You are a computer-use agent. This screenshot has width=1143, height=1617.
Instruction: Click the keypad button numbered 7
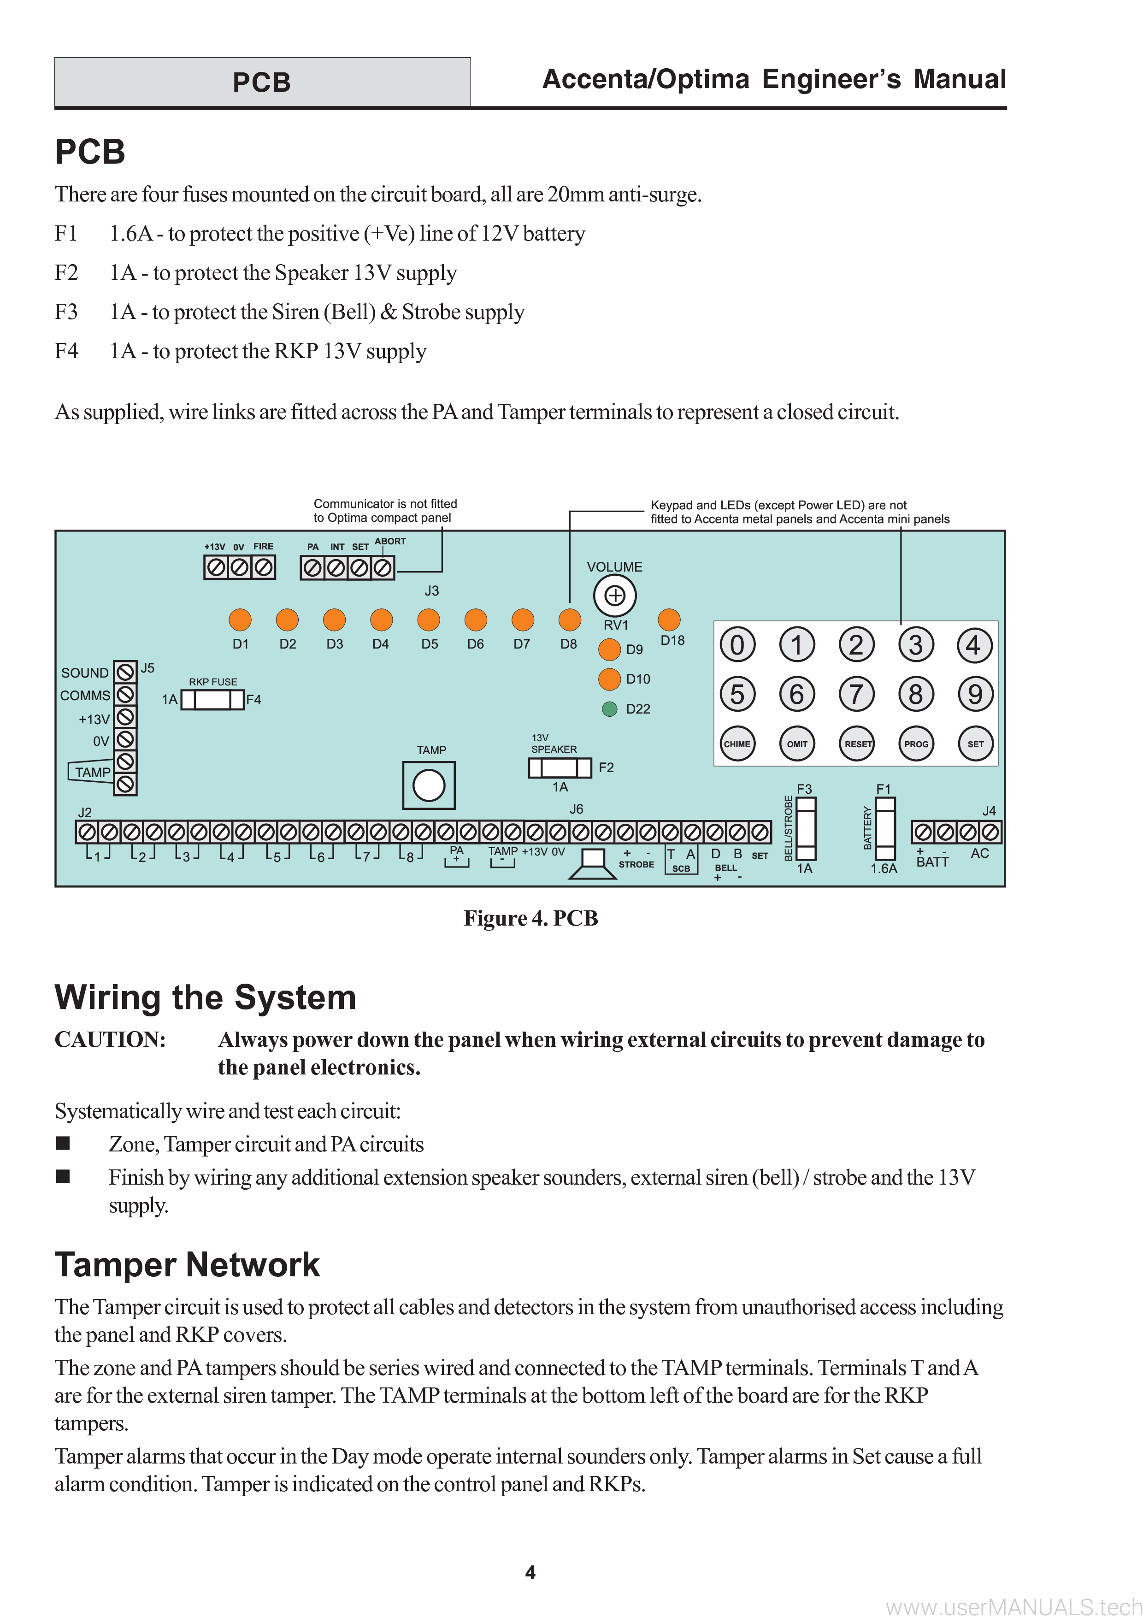[x=856, y=694]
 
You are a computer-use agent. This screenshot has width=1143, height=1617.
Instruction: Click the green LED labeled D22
[x=610, y=708]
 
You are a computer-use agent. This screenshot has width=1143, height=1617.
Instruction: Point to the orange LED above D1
[x=240, y=620]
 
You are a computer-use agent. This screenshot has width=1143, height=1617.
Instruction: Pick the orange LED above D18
[x=669, y=620]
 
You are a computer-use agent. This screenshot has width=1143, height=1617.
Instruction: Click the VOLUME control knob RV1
[x=615, y=596]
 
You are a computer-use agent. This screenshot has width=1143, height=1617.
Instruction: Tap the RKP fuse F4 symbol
[x=212, y=699]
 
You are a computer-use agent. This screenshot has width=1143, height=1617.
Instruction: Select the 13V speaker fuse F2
[x=560, y=767]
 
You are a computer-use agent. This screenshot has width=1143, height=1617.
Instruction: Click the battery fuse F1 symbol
[x=885, y=828]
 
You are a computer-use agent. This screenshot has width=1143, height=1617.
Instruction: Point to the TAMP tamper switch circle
[x=429, y=785]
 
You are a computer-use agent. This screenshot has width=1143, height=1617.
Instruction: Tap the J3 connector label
[x=432, y=591]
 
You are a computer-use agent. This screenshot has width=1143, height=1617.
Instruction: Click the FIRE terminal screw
[x=263, y=567]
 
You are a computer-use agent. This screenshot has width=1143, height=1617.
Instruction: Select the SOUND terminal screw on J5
[x=125, y=672]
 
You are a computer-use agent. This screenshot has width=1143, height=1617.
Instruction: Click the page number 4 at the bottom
[x=530, y=1572]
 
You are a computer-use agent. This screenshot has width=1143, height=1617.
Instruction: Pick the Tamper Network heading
[x=187, y=1264]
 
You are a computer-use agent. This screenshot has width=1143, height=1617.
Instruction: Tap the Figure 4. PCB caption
[x=531, y=918]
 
